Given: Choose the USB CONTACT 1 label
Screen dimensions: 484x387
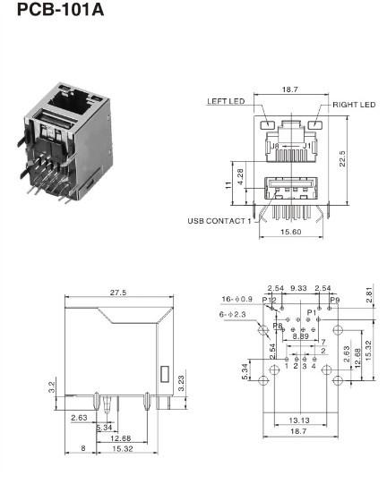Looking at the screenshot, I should (219, 220).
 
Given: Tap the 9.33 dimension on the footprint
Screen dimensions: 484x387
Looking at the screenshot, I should (297, 289).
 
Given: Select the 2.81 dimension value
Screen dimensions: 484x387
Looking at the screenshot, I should (370, 294).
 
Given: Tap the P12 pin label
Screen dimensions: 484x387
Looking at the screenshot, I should (270, 300).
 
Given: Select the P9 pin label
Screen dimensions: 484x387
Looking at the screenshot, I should (334, 301).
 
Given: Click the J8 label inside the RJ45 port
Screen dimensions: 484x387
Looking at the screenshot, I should (277, 145).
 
